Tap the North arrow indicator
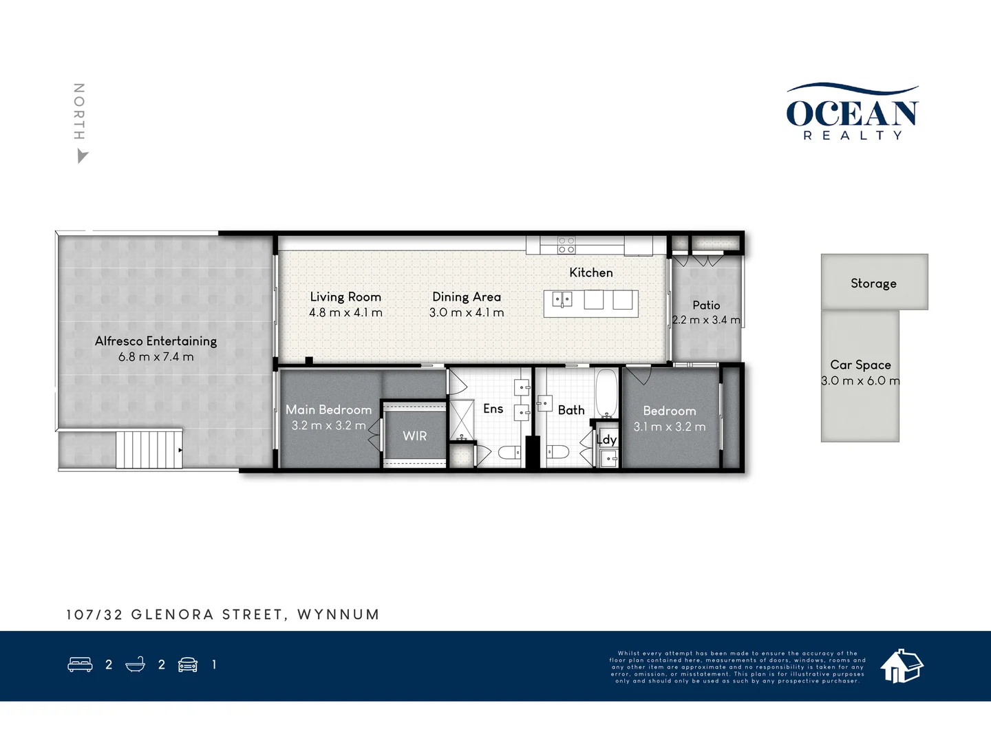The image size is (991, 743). [x=82, y=157]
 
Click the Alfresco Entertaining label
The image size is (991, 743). [x=156, y=341]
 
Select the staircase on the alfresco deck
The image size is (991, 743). [x=149, y=449]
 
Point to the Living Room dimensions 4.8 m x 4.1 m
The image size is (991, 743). [x=345, y=313]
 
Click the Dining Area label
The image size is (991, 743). [x=466, y=297]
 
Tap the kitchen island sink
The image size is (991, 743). [x=562, y=300]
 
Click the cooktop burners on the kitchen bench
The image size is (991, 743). [x=566, y=245]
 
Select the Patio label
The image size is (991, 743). [x=706, y=305]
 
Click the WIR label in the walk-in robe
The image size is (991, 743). [x=414, y=436]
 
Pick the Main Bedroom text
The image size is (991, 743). [x=328, y=409]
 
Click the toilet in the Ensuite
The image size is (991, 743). [x=510, y=452]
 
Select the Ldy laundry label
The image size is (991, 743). [x=606, y=440]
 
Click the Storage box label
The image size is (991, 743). [x=873, y=283]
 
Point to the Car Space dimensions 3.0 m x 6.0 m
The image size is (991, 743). [x=860, y=381]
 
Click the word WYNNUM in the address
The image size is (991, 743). [x=338, y=614]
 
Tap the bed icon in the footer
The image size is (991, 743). [x=80, y=665]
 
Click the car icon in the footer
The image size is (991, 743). [x=188, y=665]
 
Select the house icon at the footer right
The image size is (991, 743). [x=902, y=665]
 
